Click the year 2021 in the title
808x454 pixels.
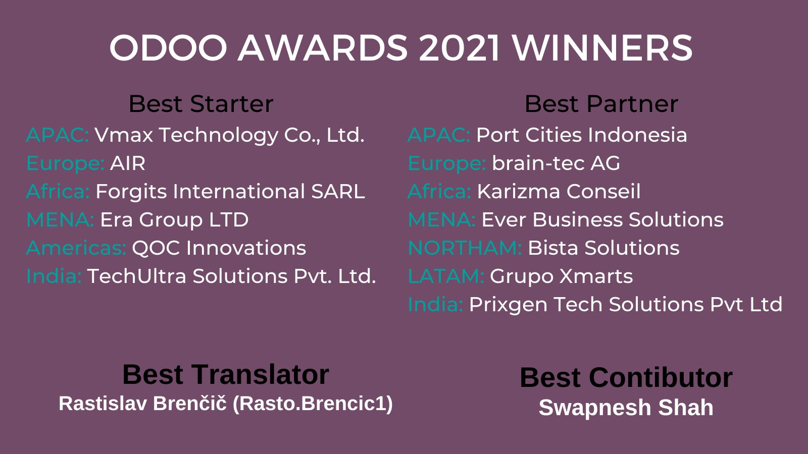(x=459, y=48)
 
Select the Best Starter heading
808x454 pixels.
(x=200, y=104)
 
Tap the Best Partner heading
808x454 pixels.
(x=601, y=104)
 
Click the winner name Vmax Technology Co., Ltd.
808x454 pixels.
(x=229, y=135)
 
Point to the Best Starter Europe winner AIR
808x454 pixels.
(x=128, y=163)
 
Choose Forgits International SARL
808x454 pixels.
(x=230, y=192)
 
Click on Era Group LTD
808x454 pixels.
(x=174, y=220)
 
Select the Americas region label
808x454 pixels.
(x=76, y=248)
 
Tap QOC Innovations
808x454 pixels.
(x=219, y=248)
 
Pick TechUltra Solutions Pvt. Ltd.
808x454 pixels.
(x=231, y=276)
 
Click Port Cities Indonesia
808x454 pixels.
(x=581, y=135)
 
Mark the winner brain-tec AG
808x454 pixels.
(x=555, y=163)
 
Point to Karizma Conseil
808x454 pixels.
(x=559, y=192)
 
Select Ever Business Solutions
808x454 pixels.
(x=602, y=220)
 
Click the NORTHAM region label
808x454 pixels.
(x=465, y=248)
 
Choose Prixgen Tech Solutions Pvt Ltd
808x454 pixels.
(x=625, y=305)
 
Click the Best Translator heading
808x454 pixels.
(x=226, y=375)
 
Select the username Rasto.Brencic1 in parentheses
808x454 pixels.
(x=313, y=404)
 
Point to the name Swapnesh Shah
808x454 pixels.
(x=626, y=408)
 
